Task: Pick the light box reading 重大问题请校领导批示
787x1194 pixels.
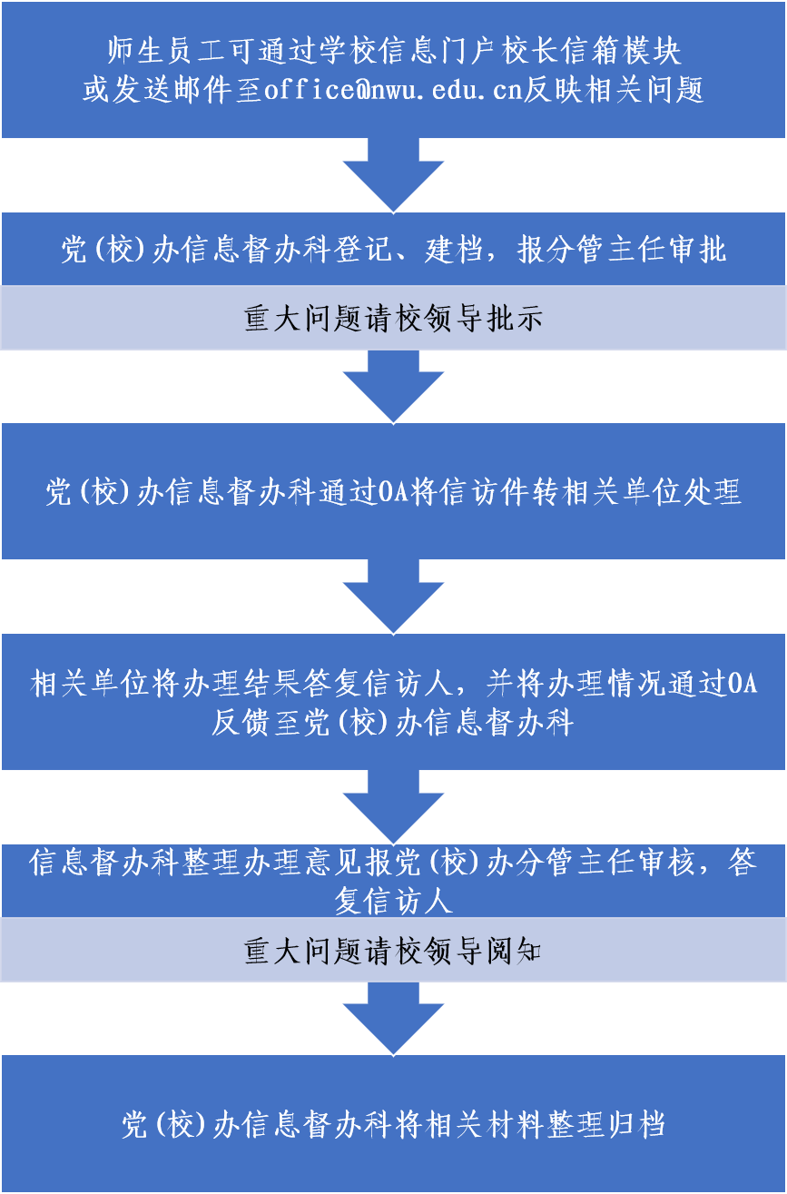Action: click(x=393, y=319)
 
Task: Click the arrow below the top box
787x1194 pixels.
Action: click(x=393, y=175)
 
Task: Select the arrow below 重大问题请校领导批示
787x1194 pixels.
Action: click(x=393, y=387)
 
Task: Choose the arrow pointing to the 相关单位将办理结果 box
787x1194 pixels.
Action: click(x=393, y=597)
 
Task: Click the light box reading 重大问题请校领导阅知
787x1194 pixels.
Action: click(x=393, y=951)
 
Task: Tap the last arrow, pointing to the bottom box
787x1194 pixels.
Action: click(x=393, y=1020)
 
